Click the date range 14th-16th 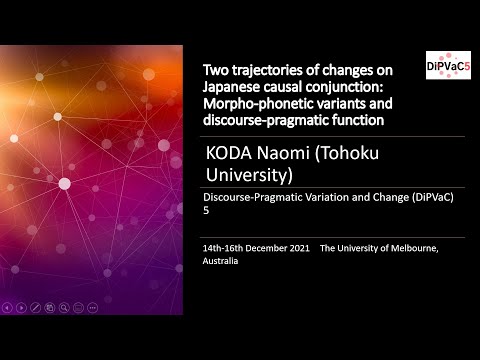pyautogui.click(x=226, y=247)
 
